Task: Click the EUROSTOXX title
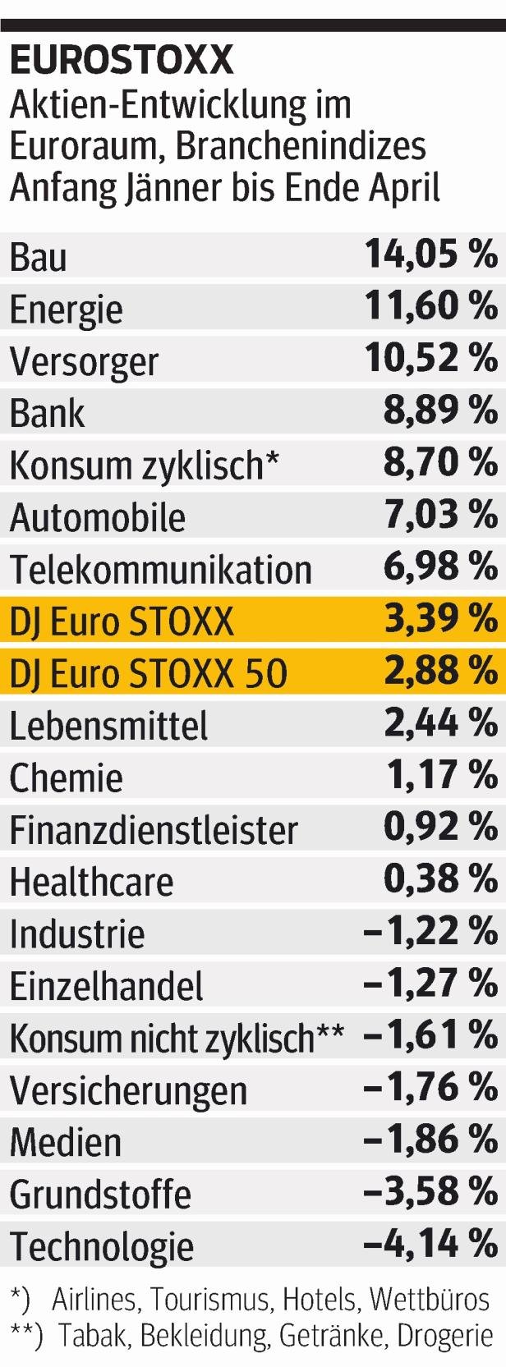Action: click(121, 61)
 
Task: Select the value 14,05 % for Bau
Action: click(431, 255)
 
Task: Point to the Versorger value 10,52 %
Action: click(431, 359)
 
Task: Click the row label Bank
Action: click(47, 413)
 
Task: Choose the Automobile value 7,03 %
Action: click(440, 515)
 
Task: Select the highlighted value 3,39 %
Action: click(440, 619)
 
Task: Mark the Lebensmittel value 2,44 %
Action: click(440, 723)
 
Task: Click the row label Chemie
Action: click(67, 778)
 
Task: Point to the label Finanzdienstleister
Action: click(154, 830)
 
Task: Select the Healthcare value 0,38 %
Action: click(440, 879)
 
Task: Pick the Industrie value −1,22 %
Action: click(430, 932)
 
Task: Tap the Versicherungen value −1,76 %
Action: click(430, 1088)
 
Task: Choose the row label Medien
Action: click(67, 1142)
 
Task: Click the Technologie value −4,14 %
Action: click(430, 1244)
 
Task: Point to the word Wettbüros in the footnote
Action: click(429, 1300)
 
